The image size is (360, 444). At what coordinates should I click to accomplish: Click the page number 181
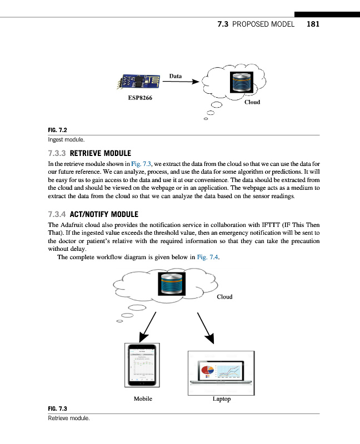coord(312,24)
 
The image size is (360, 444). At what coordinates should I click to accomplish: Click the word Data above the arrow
coord(176,75)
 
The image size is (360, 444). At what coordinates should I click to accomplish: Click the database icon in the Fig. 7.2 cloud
coord(243,83)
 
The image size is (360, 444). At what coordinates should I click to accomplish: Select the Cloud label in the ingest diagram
coord(252,102)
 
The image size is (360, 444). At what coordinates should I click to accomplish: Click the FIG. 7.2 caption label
coord(58,130)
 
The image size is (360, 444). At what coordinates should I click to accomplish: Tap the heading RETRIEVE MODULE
coord(99,153)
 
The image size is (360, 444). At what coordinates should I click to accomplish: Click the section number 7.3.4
coord(58,214)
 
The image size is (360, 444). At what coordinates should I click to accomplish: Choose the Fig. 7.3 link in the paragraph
coord(139,164)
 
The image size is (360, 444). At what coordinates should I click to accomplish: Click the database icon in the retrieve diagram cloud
coord(176,284)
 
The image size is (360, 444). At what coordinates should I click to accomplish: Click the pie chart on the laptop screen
coord(208,370)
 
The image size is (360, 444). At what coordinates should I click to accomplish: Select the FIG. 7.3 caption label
coord(58,409)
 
